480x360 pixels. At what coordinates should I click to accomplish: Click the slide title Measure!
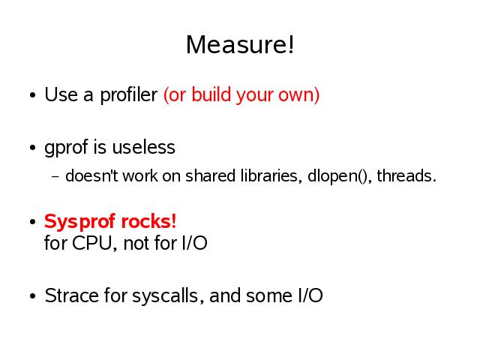240,45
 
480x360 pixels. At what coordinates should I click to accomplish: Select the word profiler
128,95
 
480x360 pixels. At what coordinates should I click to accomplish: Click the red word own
296,95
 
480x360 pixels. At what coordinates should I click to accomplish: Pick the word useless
143,147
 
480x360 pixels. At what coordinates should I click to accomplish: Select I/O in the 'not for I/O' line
195,243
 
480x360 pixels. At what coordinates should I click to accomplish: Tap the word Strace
72,295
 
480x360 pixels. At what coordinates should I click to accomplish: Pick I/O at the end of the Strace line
310,295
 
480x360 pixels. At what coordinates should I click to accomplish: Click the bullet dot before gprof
33,148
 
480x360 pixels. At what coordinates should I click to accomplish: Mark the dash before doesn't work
55,177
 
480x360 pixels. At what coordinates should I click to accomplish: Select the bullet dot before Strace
33,296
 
